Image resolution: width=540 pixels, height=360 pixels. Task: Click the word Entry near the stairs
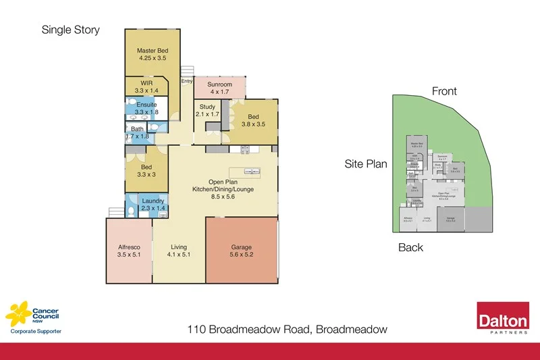(186, 82)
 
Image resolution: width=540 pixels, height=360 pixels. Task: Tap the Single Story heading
(70, 30)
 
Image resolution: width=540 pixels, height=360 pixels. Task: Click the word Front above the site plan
(444, 91)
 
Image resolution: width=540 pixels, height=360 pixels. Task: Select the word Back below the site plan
(410, 247)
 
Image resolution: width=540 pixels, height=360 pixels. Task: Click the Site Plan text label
(365, 163)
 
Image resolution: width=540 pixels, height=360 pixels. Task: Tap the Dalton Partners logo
(502, 317)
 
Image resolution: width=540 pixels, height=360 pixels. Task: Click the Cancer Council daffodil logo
(18, 313)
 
